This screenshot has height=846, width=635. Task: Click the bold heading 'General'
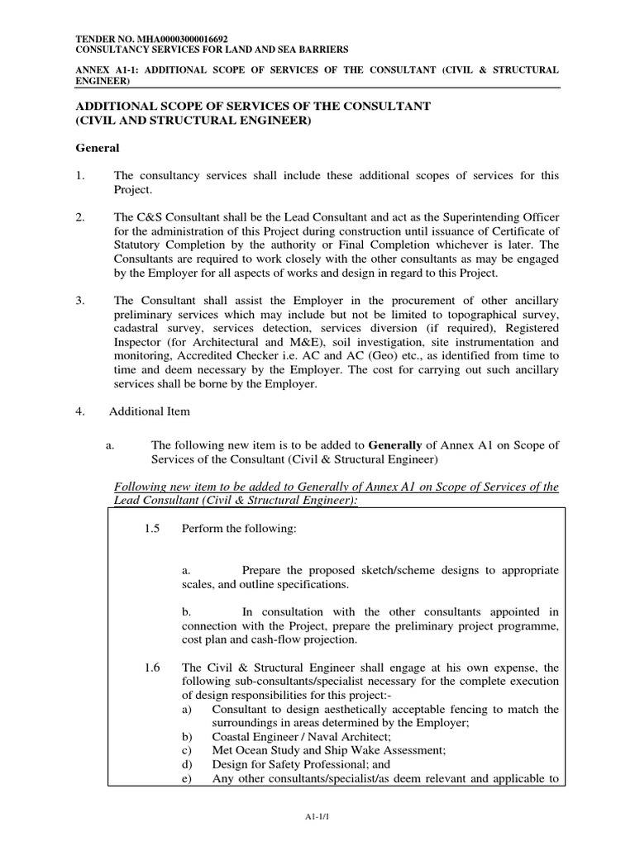coord(98,149)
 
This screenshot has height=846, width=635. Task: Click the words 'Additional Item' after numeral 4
coord(150,411)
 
